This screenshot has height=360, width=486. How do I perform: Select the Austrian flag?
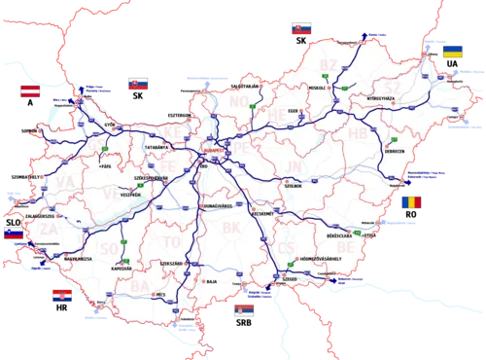30,92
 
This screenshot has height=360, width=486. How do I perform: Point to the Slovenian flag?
14,234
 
